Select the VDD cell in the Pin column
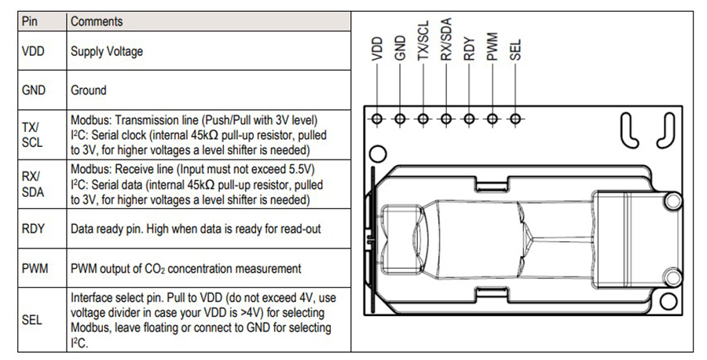[35, 52]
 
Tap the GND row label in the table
[35, 90]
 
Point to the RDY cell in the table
[35, 229]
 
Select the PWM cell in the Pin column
[36, 268]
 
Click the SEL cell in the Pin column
[33, 321]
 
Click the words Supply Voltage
[107, 52]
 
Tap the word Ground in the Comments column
[89, 90]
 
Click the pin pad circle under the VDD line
[377, 119]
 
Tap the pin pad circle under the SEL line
[515, 119]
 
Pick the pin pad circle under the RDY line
[470, 119]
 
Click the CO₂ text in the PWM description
[154, 269]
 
